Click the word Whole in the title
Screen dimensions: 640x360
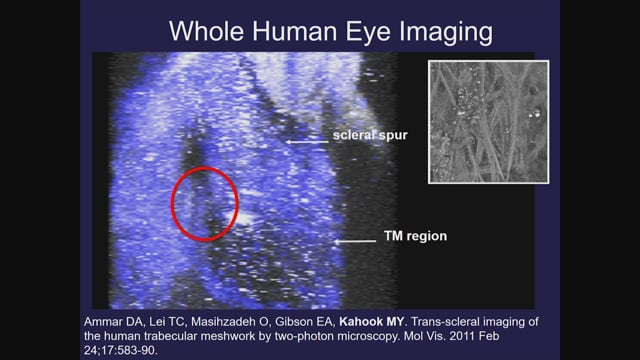click(x=207, y=31)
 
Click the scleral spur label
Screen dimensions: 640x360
click(x=370, y=135)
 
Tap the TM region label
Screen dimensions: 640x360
click(x=415, y=236)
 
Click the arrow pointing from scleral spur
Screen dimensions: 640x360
click(x=307, y=142)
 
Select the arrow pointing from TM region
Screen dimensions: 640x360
click(x=355, y=241)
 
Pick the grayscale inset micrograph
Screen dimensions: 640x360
click(x=489, y=122)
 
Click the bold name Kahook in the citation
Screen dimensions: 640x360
click(x=360, y=322)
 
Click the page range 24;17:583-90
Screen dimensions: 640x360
click(x=121, y=350)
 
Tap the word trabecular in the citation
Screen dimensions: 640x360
click(x=186, y=336)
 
